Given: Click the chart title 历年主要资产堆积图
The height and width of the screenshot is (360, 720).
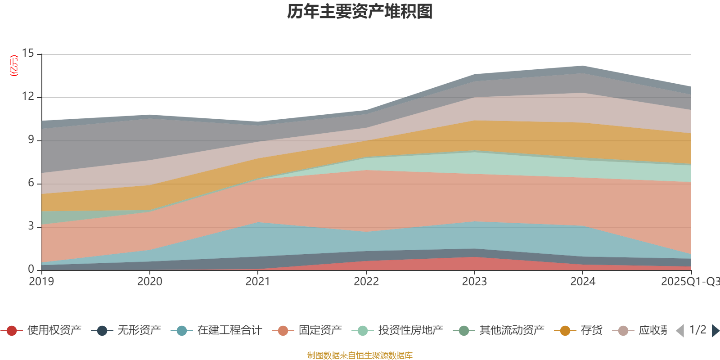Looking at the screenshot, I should (x=360, y=12).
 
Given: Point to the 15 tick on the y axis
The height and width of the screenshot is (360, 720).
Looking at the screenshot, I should (x=28, y=54).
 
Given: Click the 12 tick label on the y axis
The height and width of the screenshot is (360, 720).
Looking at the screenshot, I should (x=28, y=97).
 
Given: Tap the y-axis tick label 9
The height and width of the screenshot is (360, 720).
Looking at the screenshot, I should (x=31, y=140).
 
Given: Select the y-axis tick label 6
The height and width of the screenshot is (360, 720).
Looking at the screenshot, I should (x=31, y=183).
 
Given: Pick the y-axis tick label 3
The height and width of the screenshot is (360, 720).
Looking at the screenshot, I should (x=31, y=226).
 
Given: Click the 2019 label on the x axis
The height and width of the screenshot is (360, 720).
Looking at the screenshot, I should (x=41, y=282).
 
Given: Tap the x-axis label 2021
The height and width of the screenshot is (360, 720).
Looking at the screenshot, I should (x=258, y=282).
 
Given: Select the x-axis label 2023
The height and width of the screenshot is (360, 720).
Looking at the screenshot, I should (x=474, y=282).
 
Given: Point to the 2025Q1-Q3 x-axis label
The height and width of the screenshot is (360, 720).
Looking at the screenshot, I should (x=689, y=282).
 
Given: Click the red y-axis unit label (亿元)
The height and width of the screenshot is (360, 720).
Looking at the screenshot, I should (x=14, y=66).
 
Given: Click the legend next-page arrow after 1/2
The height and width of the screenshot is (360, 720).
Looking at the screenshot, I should (x=715, y=331).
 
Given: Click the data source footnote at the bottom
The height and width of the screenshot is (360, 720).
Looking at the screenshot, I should (x=360, y=355).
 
